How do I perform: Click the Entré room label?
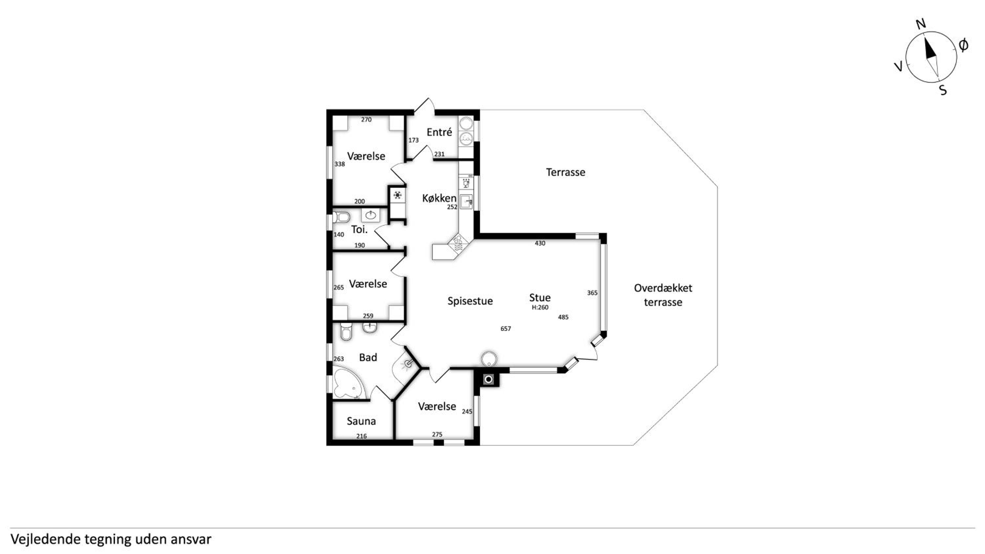[439, 132]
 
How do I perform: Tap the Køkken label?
[439, 198]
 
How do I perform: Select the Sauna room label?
[361, 421]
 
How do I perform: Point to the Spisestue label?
[470, 301]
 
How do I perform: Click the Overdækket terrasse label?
[663, 295]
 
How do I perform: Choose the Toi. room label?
[360, 229]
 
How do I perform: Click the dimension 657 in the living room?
[506, 329]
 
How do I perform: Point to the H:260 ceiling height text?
[540, 308]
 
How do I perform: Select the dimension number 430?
[540, 243]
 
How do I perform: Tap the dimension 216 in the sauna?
[361, 436]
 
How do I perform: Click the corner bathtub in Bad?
[348, 383]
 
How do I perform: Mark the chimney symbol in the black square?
[489, 380]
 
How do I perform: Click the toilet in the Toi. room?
[341, 218]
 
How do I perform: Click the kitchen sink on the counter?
[467, 202]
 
